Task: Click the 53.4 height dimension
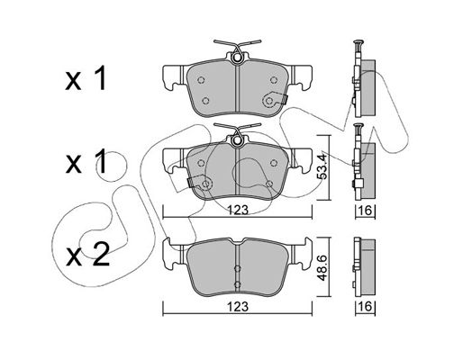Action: point(322,167)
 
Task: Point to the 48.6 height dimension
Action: point(322,268)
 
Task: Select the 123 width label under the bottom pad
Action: point(238,306)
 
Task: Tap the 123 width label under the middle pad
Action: point(238,210)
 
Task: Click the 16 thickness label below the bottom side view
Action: point(365,306)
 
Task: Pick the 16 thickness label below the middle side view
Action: point(365,210)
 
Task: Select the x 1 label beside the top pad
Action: point(86,78)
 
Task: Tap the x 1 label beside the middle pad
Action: point(86,162)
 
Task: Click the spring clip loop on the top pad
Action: point(237,58)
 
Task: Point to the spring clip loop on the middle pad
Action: point(237,140)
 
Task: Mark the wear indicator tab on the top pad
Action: point(283,99)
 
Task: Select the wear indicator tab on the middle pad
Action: point(190,182)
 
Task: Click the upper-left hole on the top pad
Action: point(201,80)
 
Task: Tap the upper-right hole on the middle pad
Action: point(273,163)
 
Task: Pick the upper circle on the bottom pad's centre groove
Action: point(237,269)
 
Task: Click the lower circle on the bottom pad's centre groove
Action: point(237,284)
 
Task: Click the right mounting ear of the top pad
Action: point(301,77)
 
